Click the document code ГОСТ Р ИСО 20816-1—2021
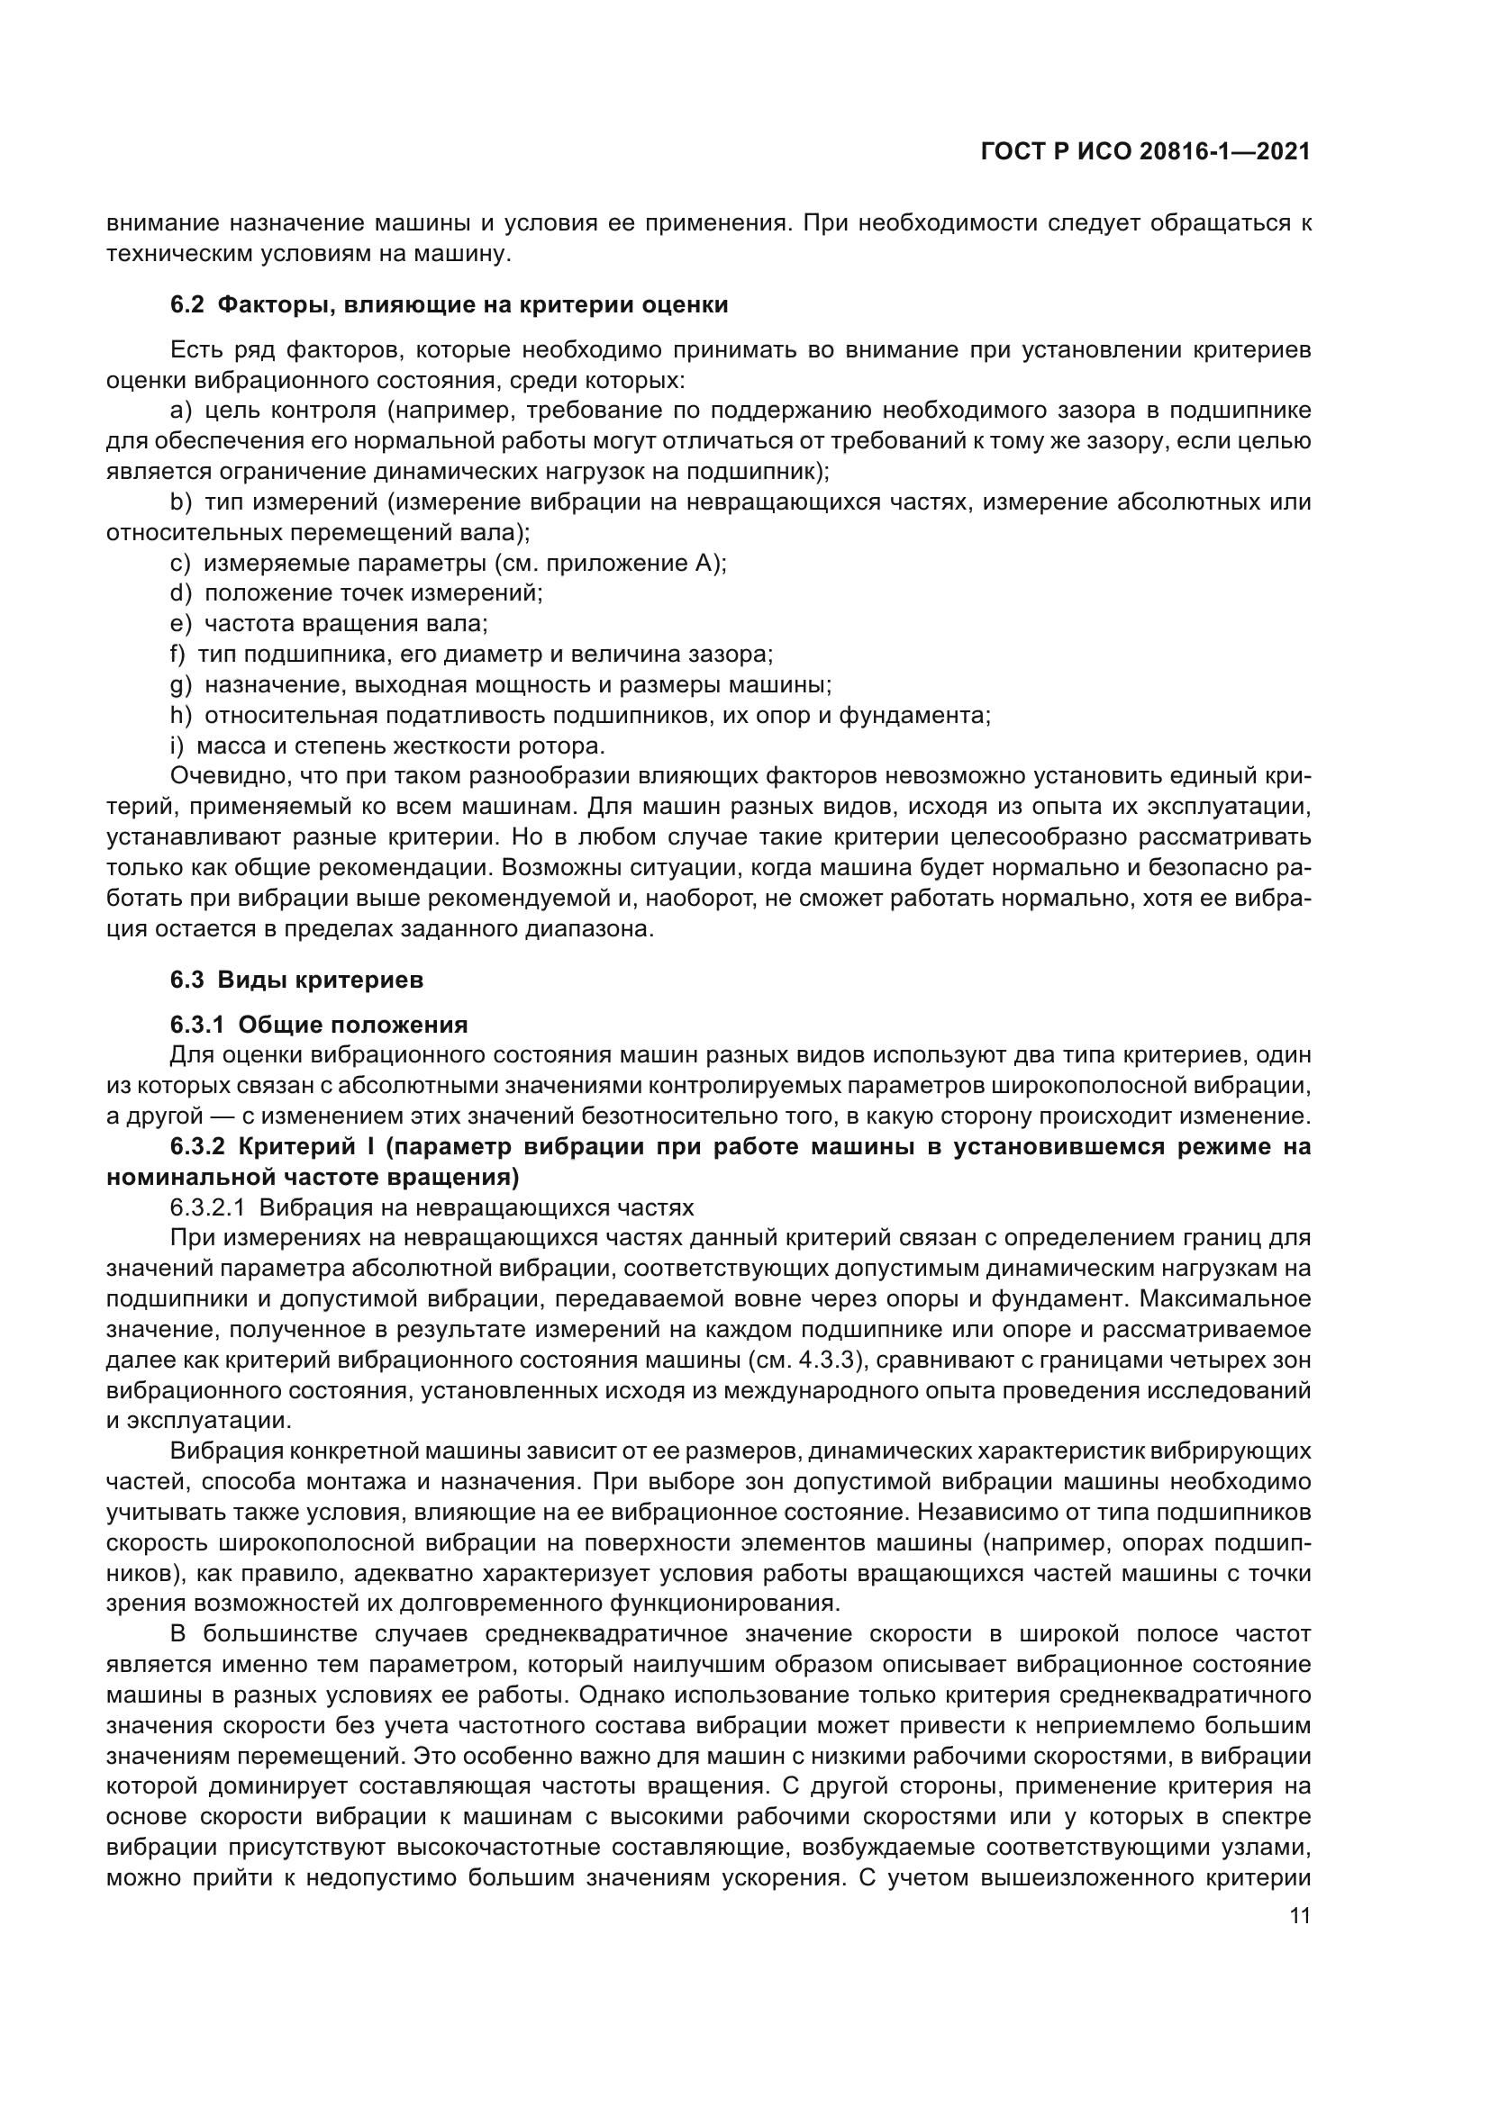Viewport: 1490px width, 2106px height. click(x=1145, y=151)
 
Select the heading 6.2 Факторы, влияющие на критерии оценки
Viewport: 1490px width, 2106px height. click(x=449, y=304)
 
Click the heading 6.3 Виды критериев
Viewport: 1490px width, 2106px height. click(x=296, y=980)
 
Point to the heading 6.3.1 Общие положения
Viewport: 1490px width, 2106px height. click(x=318, y=1025)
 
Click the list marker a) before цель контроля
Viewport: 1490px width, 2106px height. click(x=181, y=411)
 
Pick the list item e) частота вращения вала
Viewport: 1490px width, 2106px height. click(x=329, y=624)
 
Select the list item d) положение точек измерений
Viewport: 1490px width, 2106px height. click(x=356, y=593)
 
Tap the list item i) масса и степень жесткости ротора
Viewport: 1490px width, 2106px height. click(x=386, y=746)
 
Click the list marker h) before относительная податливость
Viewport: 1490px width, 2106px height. click(x=181, y=716)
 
